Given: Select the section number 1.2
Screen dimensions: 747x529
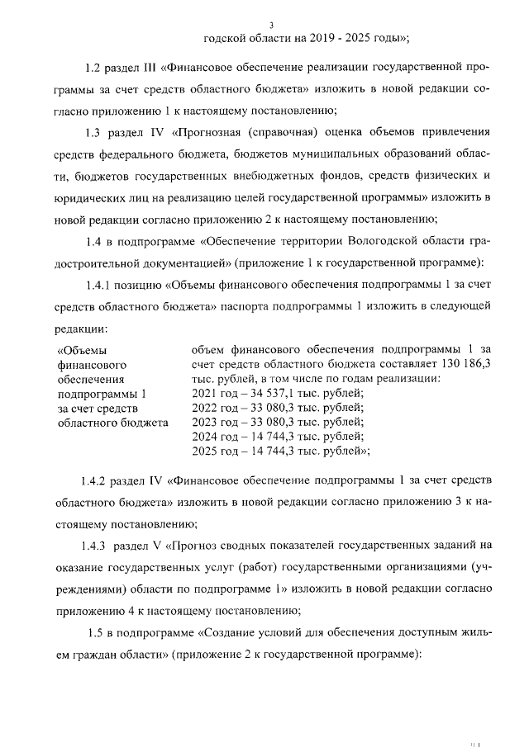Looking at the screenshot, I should click(95, 65).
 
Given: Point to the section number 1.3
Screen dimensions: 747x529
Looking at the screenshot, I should click(95, 131).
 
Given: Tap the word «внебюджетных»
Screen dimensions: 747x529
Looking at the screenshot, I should click(279, 175).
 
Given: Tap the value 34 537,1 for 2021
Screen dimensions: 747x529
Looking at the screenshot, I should click(269, 393).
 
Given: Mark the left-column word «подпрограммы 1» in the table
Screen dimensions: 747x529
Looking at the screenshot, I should click(100, 393).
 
